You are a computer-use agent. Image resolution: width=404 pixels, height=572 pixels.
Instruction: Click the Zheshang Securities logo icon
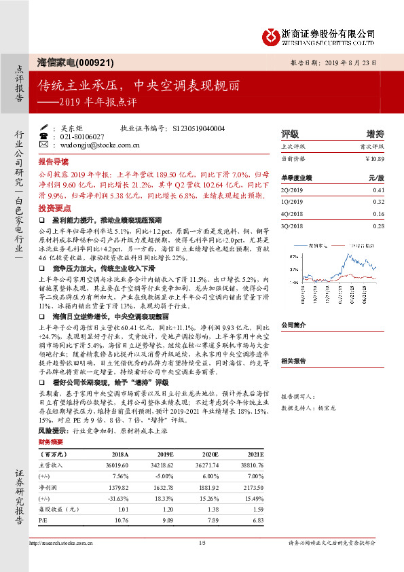pyautogui.click(x=272, y=34)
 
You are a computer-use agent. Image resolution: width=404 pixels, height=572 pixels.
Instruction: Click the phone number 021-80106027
pyautogui.click(x=80, y=137)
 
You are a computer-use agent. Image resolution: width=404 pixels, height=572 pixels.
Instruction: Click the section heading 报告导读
pyautogui.click(x=54, y=163)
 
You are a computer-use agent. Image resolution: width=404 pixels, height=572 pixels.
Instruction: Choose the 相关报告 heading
pyautogui.click(x=294, y=362)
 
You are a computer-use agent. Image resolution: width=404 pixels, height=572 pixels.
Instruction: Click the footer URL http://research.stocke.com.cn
pyautogui.click(x=61, y=543)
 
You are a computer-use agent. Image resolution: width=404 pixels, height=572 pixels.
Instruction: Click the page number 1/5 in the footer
pyautogui.click(x=201, y=543)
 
